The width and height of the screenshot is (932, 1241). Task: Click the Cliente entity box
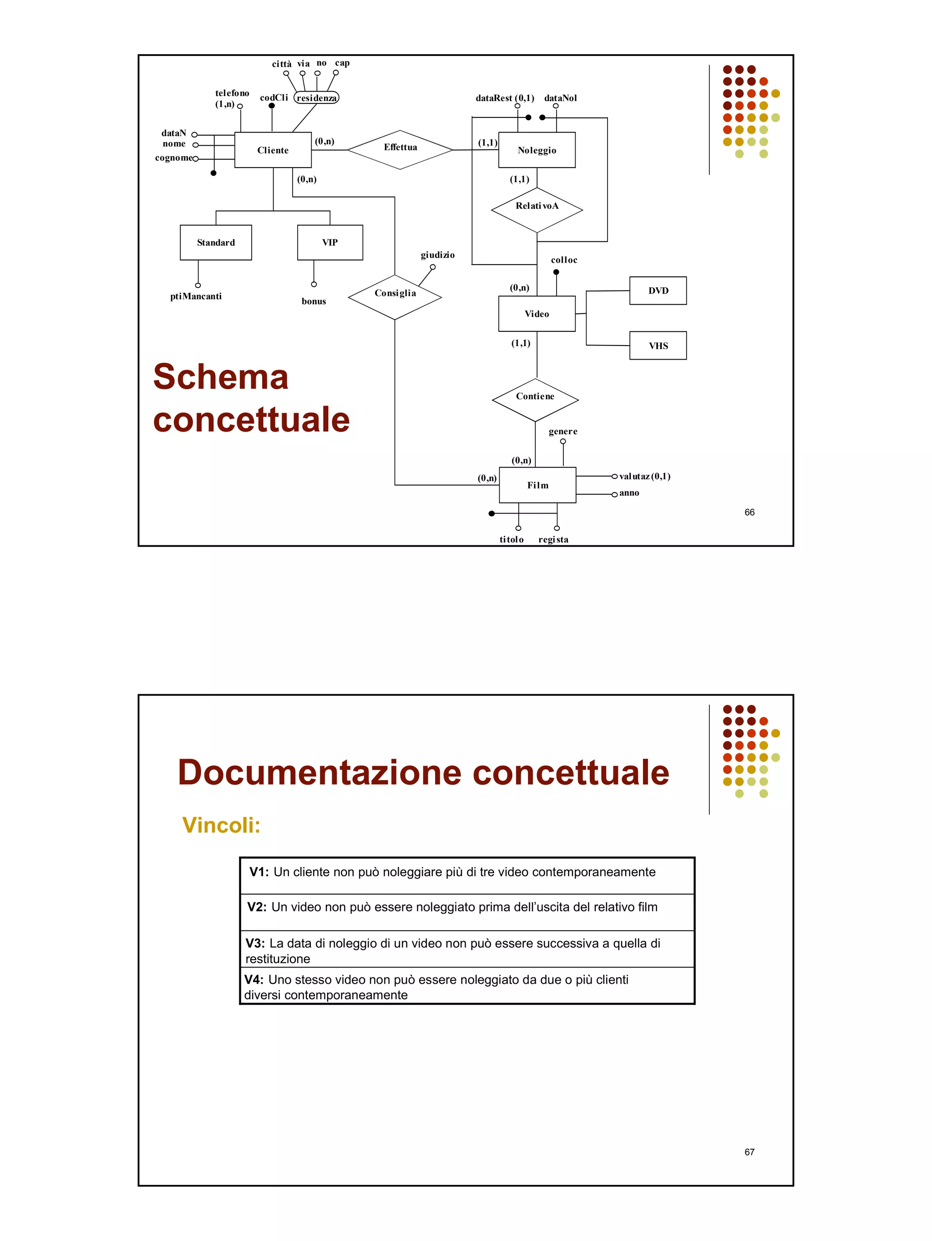(273, 150)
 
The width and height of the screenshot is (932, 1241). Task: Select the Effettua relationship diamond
(400, 149)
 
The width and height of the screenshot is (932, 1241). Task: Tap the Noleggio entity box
(537, 150)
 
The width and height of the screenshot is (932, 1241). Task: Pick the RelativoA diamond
(537, 209)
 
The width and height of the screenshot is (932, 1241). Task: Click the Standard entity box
(215, 242)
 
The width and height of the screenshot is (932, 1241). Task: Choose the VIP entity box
(330, 242)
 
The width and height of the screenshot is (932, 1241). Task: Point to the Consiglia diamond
(395, 295)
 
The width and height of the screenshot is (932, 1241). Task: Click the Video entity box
(537, 314)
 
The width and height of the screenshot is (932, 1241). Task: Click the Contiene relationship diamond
(535, 399)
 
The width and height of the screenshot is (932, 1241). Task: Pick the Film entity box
(537, 485)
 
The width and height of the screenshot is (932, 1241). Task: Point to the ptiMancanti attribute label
(196, 296)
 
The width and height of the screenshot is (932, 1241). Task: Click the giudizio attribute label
(437, 254)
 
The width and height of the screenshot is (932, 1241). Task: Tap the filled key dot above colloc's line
(556, 272)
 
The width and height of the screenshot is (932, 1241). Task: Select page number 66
(749, 512)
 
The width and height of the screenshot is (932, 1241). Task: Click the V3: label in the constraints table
(255, 943)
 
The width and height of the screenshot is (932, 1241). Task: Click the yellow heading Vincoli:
(221, 825)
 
